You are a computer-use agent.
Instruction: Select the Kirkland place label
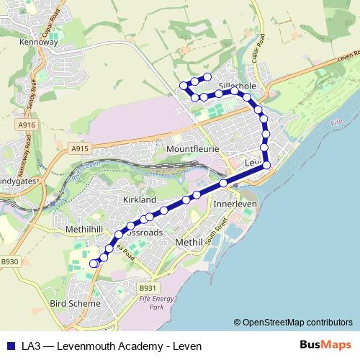(139, 199)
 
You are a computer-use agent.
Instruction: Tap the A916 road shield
(27, 125)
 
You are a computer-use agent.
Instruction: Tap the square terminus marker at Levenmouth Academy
(93, 264)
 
